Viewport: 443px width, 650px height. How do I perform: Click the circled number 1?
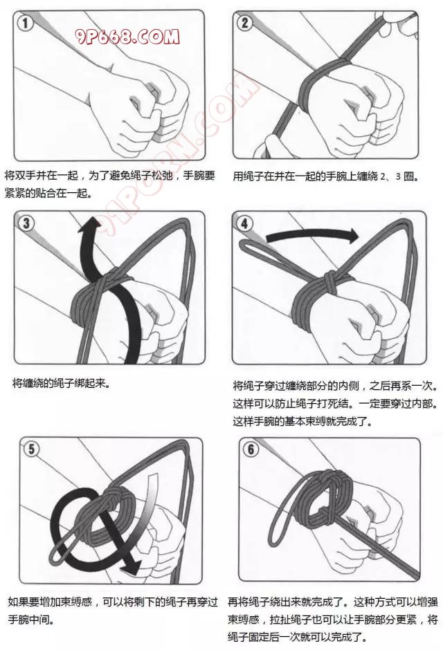[25, 23]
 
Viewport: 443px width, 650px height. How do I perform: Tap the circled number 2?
[245, 22]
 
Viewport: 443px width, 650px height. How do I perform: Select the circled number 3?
[26, 223]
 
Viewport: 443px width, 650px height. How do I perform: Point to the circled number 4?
[244, 224]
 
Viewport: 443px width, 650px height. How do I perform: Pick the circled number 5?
[32, 449]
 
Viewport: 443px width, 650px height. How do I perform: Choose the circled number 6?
[251, 449]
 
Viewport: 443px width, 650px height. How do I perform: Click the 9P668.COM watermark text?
[127, 37]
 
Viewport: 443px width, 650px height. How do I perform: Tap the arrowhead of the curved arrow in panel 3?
[89, 225]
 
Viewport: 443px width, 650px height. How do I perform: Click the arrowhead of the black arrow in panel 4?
[352, 236]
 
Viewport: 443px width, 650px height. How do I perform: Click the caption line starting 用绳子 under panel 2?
[326, 176]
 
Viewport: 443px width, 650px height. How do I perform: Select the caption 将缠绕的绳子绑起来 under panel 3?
[62, 383]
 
